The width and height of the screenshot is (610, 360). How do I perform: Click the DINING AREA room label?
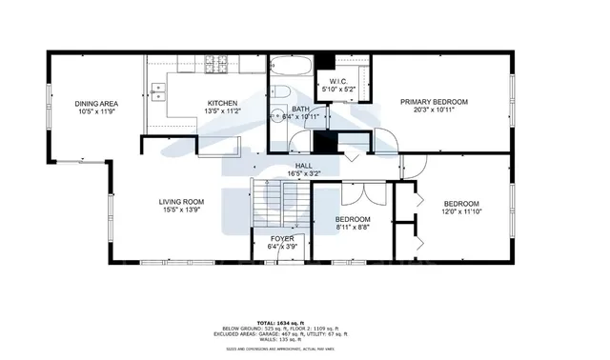[x=95, y=103]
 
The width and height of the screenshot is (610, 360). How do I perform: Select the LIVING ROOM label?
[x=181, y=201]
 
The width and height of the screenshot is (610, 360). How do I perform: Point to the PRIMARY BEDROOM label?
[x=434, y=101]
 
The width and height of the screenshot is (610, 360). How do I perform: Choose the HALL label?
[x=304, y=166]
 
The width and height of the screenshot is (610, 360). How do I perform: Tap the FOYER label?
[x=282, y=238]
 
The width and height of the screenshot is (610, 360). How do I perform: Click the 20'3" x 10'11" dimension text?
[x=434, y=110]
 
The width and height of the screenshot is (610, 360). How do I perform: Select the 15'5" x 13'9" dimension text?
[x=181, y=210]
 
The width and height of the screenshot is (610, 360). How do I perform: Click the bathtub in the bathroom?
[x=289, y=68]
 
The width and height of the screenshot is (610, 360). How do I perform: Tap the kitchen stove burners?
[x=220, y=68]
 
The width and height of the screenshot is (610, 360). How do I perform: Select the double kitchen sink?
[x=159, y=93]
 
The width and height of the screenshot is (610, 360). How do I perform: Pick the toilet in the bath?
[x=283, y=91]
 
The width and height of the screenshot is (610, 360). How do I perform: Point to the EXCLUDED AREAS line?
[x=304, y=334]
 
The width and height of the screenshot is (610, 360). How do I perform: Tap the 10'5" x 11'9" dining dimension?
[x=95, y=111]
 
